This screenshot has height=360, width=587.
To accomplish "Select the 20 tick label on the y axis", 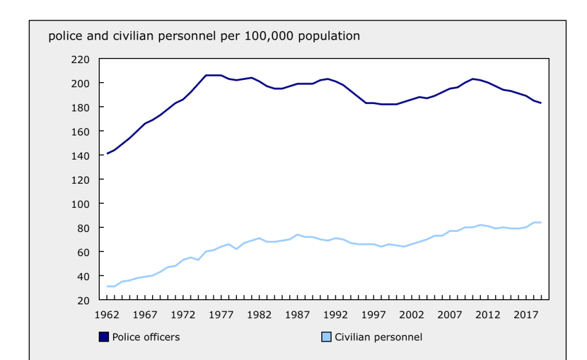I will pos(84,300).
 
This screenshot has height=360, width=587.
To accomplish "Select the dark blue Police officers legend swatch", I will pos(104,337).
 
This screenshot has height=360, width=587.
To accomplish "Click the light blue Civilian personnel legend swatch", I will pos(326,337).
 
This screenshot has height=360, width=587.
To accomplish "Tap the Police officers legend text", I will pos(146,337).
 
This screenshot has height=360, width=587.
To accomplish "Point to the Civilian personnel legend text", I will pos(379,337).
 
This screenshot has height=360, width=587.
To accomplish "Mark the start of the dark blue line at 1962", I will pos(107,153).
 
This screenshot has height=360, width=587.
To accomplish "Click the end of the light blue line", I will pos(541,222).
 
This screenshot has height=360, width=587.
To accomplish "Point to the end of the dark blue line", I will pos(541,103).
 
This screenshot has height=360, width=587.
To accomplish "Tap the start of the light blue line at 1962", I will pos(107,286).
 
